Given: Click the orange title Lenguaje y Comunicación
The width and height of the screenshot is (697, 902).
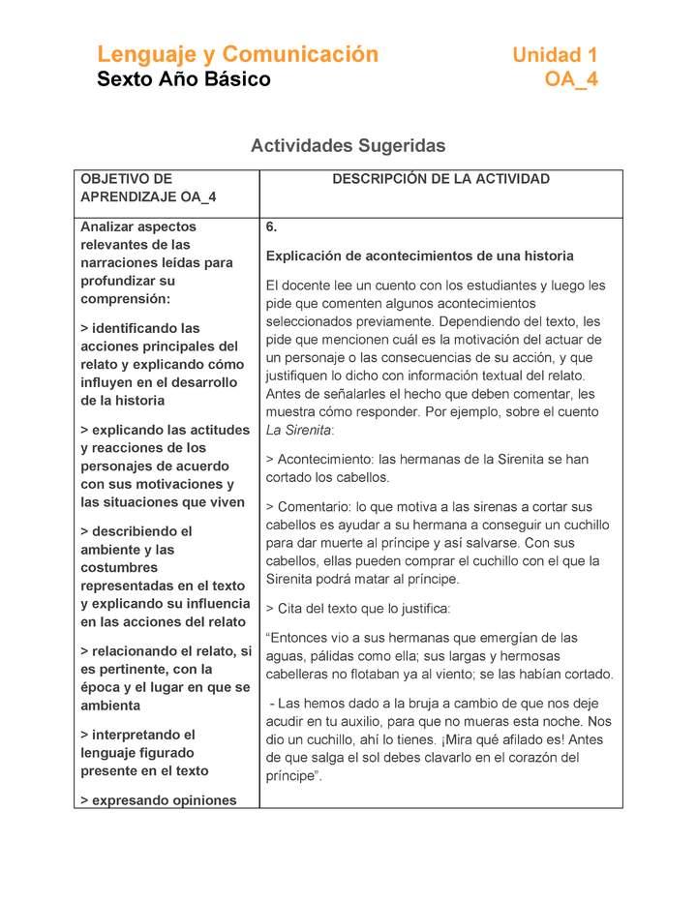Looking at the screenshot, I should (x=237, y=54).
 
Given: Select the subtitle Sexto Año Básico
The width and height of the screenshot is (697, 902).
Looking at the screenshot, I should (x=183, y=79).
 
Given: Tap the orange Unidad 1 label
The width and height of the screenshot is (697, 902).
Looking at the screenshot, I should (x=555, y=55).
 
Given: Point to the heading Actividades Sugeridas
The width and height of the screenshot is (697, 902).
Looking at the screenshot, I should (x=348, y=146).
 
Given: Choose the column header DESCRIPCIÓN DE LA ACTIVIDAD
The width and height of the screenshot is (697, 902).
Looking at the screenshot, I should (x=440, y=179).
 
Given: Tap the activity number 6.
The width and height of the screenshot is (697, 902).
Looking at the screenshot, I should (x=272, y=227).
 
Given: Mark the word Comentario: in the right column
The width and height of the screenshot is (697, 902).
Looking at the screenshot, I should (x=315, y=507).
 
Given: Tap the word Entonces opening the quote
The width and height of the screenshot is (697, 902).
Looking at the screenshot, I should (x=302, y=638).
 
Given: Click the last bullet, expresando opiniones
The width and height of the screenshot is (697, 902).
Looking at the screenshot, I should (x=165, y=800).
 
